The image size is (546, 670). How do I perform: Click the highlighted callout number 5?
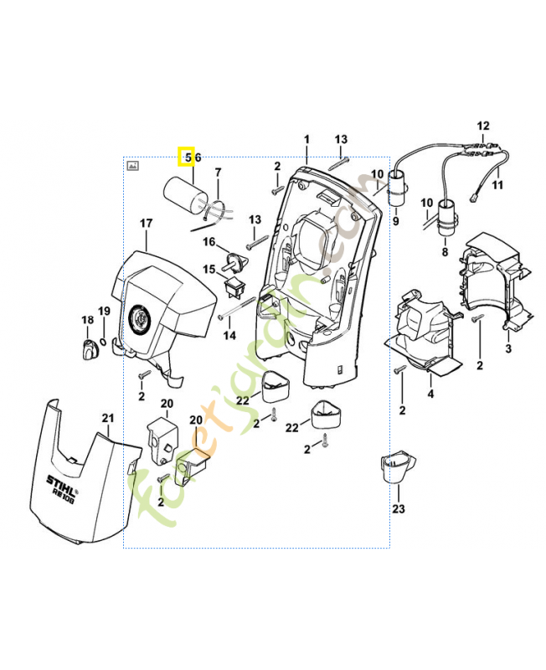(x=188, y=157)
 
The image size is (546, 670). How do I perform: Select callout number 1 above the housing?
(x=306, y=138)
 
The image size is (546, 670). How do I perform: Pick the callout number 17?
(x=146, y=224)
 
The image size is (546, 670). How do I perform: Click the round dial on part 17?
(x=140, y=319)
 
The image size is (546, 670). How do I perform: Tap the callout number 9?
(x=395, y=222)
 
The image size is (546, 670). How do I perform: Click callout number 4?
(x=430, y=394)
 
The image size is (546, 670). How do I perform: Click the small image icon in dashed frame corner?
(x=131, y=166)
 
